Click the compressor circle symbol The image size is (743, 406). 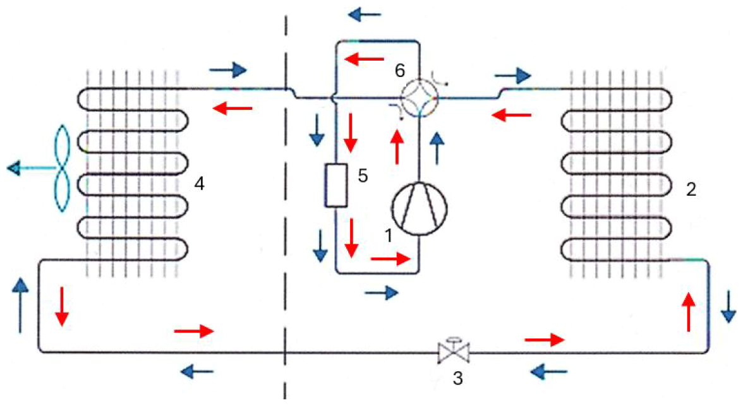tap(419, 206)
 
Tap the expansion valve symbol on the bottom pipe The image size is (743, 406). tap(454, 352)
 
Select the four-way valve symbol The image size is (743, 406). tap(419, 97)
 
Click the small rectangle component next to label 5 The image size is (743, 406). tap(337, 186)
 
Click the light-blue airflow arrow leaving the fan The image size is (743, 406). tap(25, 169)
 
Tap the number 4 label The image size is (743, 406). tap(200, 184)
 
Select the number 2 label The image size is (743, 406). tap(691, 189)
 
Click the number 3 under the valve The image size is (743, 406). tap(459, 379)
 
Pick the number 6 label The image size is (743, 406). tap(400, 70)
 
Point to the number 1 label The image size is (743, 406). tap(390, 235)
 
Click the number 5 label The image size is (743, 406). tap(363, 176)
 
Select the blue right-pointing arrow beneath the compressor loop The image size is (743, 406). tap(382, 292)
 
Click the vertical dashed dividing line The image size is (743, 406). tap(286, 202)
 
